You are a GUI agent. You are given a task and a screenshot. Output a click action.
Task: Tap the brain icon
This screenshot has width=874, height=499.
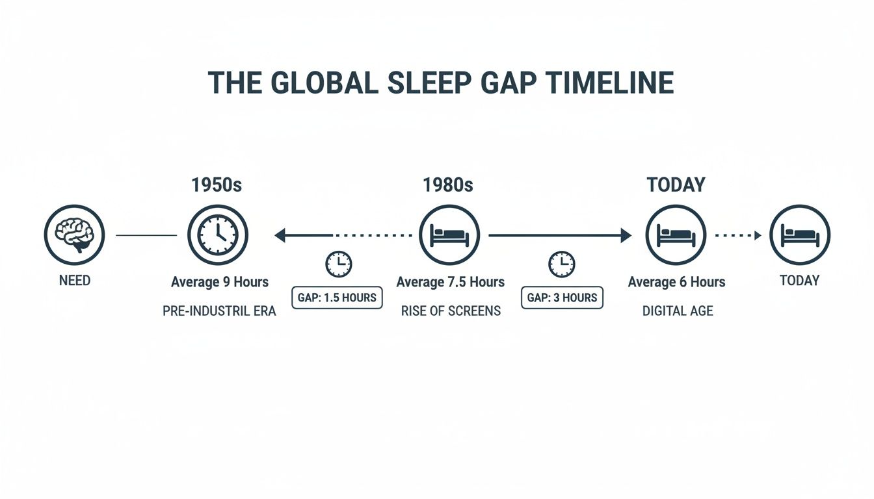click(x=73, y=235)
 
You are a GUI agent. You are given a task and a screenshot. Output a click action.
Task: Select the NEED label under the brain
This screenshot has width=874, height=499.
click(x=74, y=281)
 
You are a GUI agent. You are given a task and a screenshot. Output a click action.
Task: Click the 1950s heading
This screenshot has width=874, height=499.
click(x=217, y=185)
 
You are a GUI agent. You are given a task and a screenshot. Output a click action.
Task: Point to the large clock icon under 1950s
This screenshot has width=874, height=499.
click(x=217, y=235)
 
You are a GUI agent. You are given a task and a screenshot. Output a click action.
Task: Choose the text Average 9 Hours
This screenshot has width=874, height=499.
click(x=219, y=282)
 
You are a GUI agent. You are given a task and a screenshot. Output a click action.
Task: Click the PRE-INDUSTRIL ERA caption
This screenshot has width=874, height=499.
click(x=219, y=311)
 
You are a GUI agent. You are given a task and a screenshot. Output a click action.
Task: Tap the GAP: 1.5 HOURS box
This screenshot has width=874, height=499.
click(x=337, y=298)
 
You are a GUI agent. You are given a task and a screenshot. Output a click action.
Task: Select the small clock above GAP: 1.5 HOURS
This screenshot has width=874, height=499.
click(x=338, y=264)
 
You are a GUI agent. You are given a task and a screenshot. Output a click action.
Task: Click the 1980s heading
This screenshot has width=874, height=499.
click(x=448, y=185)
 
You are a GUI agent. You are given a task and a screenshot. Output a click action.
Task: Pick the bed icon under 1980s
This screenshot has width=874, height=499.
click(x=449, y=235)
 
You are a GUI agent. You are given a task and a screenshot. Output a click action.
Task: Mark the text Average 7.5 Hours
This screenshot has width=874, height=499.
click(x=450, y=282)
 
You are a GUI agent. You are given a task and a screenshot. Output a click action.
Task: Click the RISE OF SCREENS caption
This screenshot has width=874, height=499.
click(x=451, y=311)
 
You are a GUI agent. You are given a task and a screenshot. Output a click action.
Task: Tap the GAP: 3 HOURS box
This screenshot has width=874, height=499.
click(x=562, y=298)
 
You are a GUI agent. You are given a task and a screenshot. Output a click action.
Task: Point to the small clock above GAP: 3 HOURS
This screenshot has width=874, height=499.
click(x=562, y=264)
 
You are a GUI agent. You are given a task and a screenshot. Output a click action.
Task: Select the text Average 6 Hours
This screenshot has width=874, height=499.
click(x=676, y=282)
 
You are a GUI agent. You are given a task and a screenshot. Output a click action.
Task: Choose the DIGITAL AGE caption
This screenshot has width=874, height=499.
click(x=678, y=311)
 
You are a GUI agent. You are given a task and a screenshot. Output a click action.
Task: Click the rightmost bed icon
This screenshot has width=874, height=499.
click(x=800, y=235)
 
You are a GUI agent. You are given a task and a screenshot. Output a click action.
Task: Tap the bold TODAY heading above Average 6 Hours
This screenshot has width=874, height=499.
click(x=676, y=185)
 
